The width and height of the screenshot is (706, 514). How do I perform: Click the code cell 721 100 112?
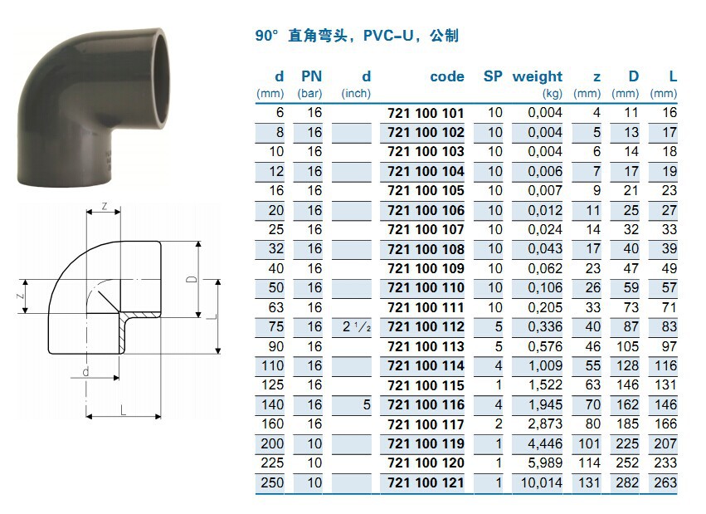coord(426,327)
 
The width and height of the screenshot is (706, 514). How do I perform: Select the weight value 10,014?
coord(542,483)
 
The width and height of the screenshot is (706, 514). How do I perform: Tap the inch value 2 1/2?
coord(357,326)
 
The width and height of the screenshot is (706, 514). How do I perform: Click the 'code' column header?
coord(447,76)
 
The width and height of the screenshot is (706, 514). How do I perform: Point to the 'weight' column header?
coord(538,77)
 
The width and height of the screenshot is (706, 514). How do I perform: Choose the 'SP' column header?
coord(493,76)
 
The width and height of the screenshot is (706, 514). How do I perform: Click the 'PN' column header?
coord(312,76)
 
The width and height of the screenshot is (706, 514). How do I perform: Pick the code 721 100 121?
coord(426,483)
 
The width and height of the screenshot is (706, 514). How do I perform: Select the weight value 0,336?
coord(545,327)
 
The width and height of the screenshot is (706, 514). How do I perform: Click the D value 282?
coord(627,483)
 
